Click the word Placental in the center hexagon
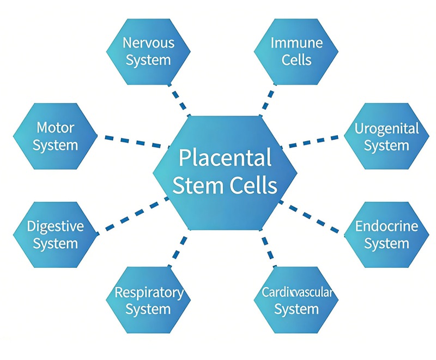point(225,159)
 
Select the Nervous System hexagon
point(148,51)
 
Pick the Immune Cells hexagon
point(296,51)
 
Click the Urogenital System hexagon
point(386,136)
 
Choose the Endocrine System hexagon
point(386,235)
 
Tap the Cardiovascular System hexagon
point(296,301)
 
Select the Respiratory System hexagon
point(148,301)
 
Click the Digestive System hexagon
point(55,235)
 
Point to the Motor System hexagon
point(55,136)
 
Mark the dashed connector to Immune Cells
point(267,101)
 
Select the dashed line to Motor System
point(132,141)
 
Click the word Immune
point(296,43)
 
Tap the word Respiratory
point(148,292)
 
